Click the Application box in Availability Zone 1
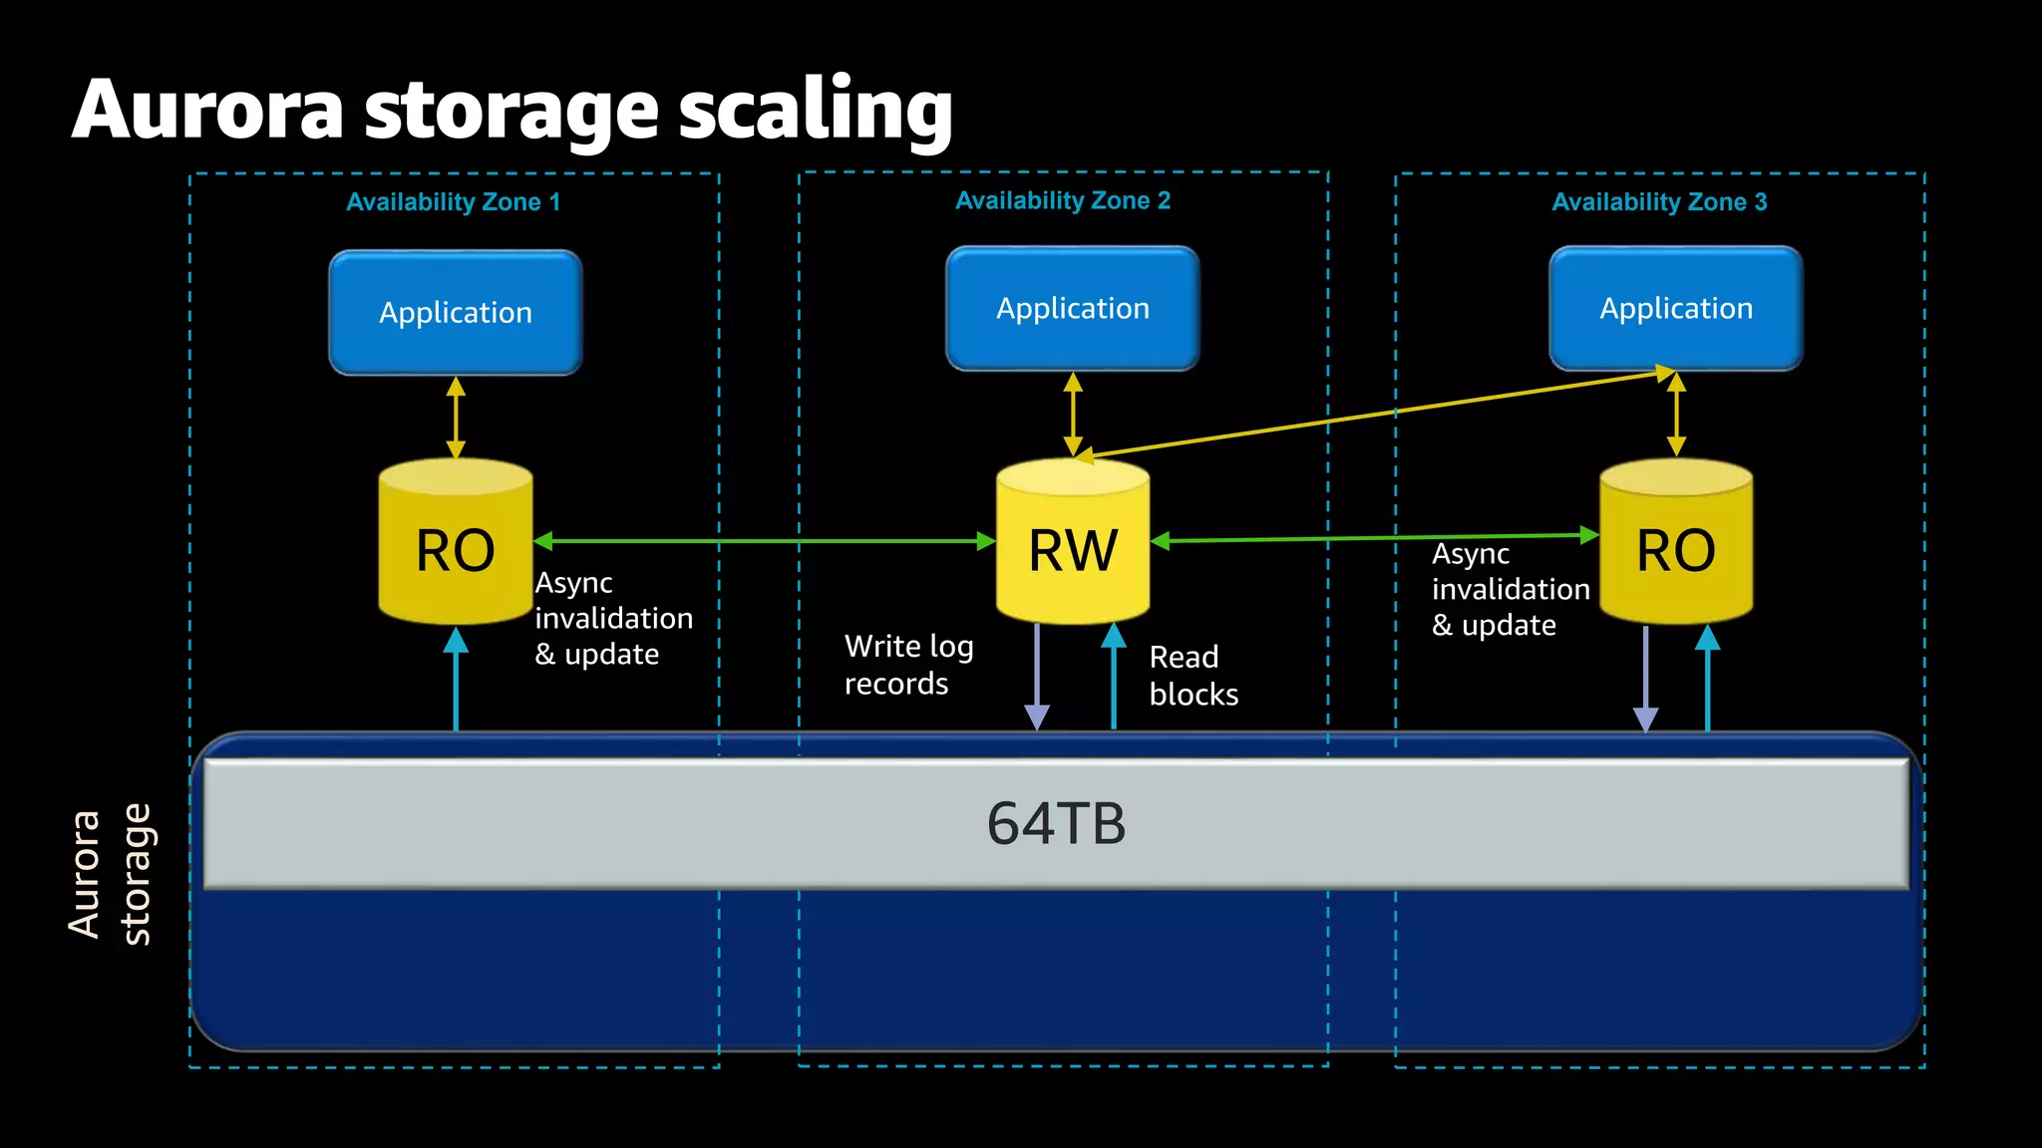[x=456, y=313]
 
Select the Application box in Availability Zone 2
[x=1073, y=309]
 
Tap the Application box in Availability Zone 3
[x=1676, y=309]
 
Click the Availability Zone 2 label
[x=1063, y=200]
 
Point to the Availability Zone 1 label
[x=454, y=202]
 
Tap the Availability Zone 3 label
[x=1659, y=202]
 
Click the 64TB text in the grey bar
[x=1056, y=824]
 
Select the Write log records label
[x=907, y=665]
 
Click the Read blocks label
[x=1192, y=676]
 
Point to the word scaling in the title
[x=816, y=110]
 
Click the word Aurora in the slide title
[x=207, y=110]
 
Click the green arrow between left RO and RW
[x=764, y=541]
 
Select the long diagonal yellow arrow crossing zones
[x=1376, y=414]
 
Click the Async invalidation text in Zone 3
[x=1510, y=589]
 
